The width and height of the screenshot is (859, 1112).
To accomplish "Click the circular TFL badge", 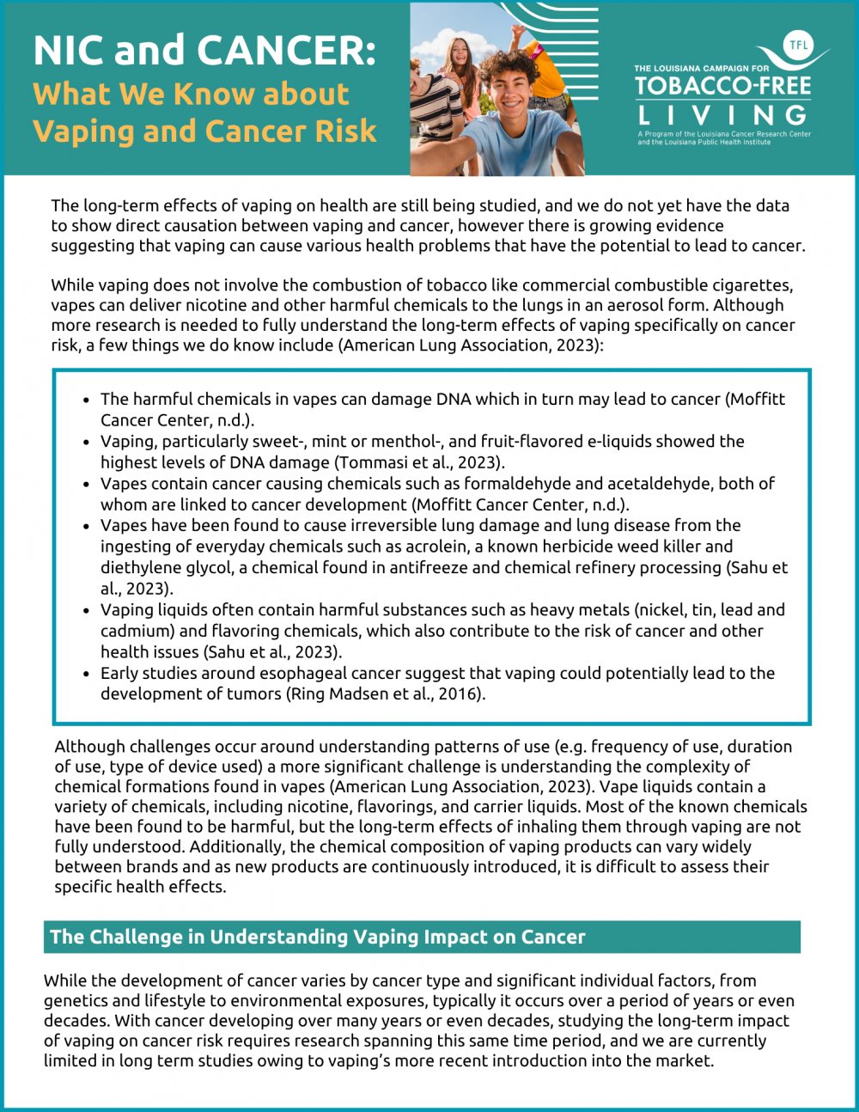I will [798, 46].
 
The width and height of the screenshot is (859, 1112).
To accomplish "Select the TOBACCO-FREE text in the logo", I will [722, 86].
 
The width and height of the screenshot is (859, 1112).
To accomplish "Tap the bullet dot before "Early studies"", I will [86, 675].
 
